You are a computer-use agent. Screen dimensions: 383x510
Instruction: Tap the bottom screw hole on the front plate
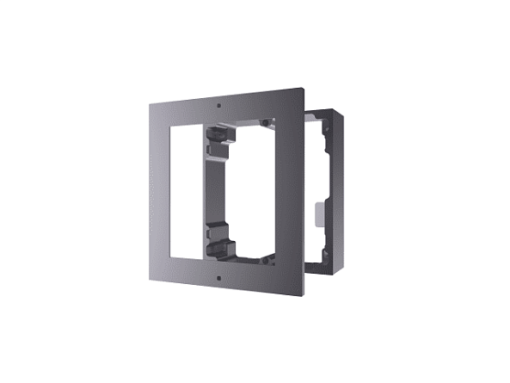[x=220, y=278]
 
